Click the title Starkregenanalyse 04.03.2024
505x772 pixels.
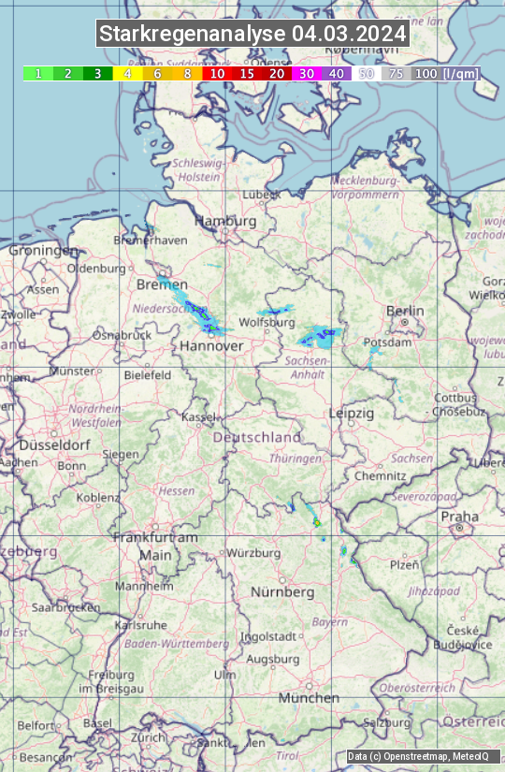(x=252, y=34)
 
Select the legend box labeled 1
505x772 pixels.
(x=37, y=73)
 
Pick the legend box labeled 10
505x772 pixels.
(x=217, y=73)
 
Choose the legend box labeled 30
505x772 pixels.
(x=307, y=73)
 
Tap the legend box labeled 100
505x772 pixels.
(x=426, y=73)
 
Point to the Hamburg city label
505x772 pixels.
(x=224, y=222)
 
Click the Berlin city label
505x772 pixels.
(x=405, y=311)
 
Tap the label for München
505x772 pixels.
(x=309, y=698)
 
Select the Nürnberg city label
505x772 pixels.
(x=282, y=592)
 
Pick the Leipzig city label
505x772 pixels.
(x=352, y=413)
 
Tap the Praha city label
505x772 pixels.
(x=459, y=517)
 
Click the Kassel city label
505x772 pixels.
(x=199, y=416)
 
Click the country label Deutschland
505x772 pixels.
(x=257, y=437)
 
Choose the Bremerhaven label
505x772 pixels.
(x=150, y=240)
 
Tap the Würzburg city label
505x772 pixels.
(x=253, y=553)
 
